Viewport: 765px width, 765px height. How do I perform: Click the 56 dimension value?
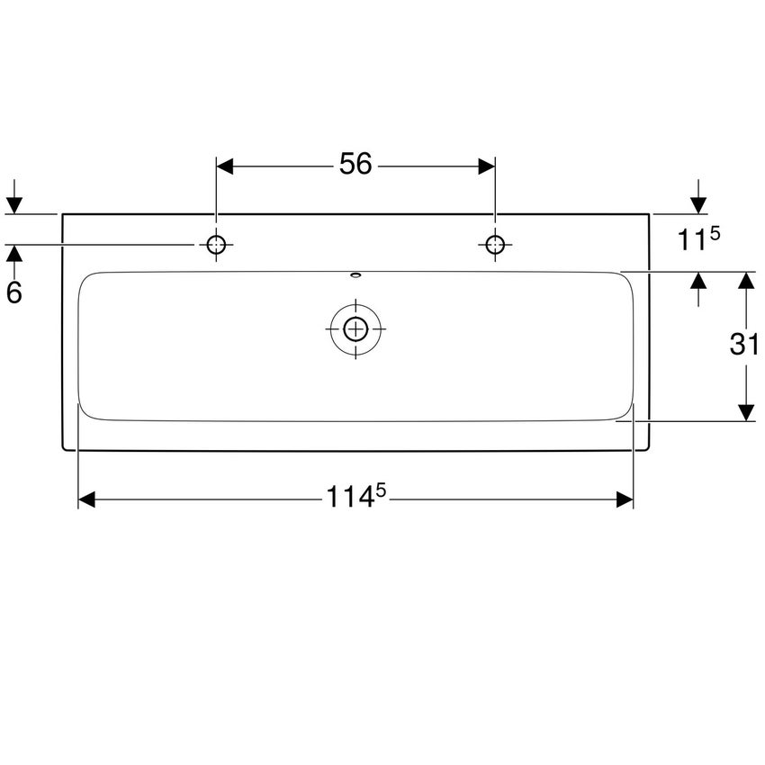[x=355, y=165]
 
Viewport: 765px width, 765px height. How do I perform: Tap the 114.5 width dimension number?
[x=355, y=498]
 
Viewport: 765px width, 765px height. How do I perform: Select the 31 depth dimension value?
[x=744, y=345]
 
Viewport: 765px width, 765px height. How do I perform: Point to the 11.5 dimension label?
[x=699, y=239]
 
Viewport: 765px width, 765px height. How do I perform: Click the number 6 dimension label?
[x=13, y=292]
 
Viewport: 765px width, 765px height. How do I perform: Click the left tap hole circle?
[x=216, y=244]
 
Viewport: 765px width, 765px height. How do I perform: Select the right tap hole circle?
[x=495, y=244]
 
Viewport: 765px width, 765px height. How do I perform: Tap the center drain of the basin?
[x=355, y=328]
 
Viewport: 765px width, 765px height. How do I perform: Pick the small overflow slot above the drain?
[x=355, y=276]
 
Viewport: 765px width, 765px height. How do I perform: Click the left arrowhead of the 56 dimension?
[x=225, y=166]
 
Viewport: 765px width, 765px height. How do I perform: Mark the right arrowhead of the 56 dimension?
[x=486, y=166]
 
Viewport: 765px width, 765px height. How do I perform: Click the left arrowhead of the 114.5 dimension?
[x=87, y=499]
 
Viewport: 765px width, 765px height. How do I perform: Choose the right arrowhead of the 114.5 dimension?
[x=625, y=499]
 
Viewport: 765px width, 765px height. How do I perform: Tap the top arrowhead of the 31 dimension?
[x=745, y=280]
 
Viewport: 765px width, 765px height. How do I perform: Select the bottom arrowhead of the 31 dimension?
[x=745, y=412]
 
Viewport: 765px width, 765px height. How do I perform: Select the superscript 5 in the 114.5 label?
[x=381, y=490]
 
